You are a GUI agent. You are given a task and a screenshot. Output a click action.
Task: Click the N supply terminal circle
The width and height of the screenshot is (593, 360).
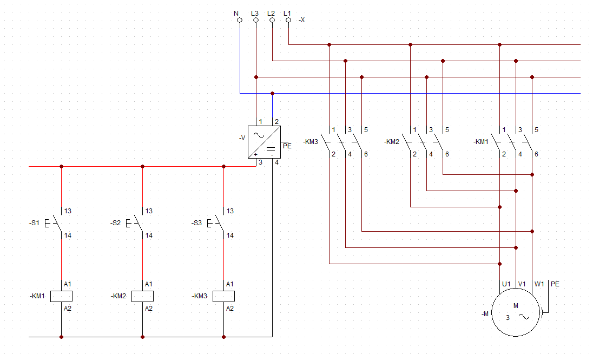(239, 20)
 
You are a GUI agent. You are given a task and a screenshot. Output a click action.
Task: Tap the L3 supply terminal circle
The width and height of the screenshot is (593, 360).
(256, 20)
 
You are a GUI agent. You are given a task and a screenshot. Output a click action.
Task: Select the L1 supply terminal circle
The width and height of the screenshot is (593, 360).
(288, 20)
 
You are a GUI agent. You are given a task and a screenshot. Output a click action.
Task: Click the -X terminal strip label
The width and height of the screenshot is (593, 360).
(301, 20)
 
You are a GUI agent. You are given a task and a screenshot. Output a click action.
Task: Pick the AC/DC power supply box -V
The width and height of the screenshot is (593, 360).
(265, 142)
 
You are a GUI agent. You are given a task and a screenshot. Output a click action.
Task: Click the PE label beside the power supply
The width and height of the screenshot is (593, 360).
(287, 146)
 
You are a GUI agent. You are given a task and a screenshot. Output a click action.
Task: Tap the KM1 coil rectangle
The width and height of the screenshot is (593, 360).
(61, 297)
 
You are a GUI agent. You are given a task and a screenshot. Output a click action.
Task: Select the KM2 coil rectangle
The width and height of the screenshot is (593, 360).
(143, 297)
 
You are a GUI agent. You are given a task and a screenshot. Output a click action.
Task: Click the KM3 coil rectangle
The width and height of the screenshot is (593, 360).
(223, 297)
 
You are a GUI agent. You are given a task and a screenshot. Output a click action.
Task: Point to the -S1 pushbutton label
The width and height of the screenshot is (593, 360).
(34, 223)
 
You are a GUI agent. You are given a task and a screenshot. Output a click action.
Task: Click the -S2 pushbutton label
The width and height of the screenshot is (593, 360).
(115, 223)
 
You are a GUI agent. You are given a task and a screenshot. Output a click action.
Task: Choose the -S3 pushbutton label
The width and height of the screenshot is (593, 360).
(196, 223)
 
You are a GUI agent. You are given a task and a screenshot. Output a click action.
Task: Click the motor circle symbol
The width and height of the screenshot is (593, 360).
(516, 312)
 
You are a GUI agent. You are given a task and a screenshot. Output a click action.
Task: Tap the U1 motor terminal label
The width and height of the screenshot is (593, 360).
(506, 284)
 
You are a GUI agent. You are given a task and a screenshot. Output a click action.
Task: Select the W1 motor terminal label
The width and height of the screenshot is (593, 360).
(539, 284)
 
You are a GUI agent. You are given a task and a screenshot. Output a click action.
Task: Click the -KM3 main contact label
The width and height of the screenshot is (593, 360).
(311, 142)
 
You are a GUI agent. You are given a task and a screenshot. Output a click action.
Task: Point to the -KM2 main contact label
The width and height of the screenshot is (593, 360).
(392, 142)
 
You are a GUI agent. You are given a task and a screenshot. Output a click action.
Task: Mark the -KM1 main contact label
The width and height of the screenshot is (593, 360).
(481, 142)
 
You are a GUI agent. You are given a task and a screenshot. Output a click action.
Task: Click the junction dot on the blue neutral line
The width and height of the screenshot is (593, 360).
(272, 94)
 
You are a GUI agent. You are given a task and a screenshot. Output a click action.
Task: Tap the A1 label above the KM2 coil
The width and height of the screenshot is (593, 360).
(149, 284)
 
